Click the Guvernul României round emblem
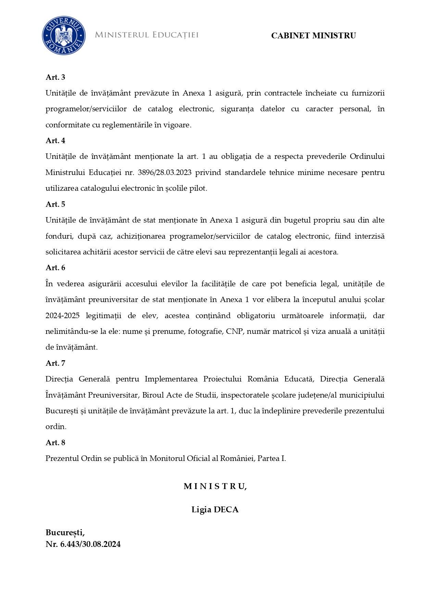coord(64,35)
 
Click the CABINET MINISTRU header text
coord(313,36)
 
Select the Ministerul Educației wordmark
coord(147,35)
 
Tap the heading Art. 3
coord(55,77)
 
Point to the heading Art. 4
coord(55,141)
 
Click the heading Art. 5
coord(55,204)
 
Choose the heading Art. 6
coord(55,268)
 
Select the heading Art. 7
coord(55,363)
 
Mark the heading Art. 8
coord(55,443)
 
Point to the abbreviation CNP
coord(234,331)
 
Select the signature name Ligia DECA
coord(215,510)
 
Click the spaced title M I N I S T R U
coord(215,487)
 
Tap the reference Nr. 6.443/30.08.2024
coord(83,544)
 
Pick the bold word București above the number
coord(65,533)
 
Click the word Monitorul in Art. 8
coord(167,459)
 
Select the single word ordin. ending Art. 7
coord(56,427)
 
